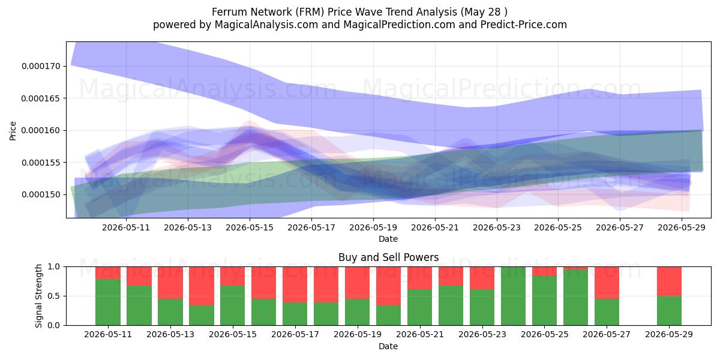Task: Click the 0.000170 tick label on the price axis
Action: (x=41, y=66)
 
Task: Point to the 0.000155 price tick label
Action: (x=41, y=163)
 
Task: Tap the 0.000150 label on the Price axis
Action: (x=41, y=195)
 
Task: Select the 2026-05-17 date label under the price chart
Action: (x=311, y=228)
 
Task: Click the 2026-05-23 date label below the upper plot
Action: (x=497, y=228)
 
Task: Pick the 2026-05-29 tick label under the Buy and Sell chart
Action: (x=669, y=335)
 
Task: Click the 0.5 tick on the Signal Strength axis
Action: (x=53, y=296)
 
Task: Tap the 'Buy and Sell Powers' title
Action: (x=388, y=257)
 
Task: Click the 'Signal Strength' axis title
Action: (x=38, y=296)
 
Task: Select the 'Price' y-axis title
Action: (x=13, y=131)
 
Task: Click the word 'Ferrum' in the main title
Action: (x=229, y=12)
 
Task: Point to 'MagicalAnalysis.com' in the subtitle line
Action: (x=266, y=25)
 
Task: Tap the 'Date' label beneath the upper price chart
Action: (x=388, y=239)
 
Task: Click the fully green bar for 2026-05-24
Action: (x=514, y=296)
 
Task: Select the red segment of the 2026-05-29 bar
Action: (x=669, y=281)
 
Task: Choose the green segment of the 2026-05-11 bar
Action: (x=108, y=302)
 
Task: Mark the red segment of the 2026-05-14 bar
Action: (x=202, y=286)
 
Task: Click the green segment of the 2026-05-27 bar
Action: (x=607, y=312)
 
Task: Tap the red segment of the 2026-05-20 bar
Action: (x=389, y=286)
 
